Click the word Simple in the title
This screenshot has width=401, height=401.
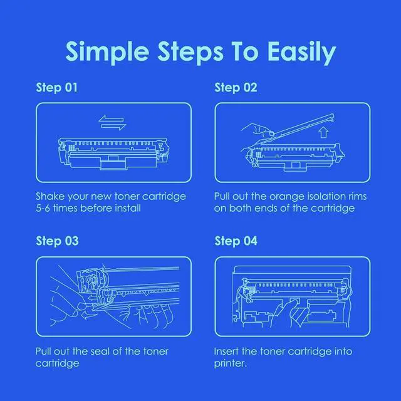click(107, 53)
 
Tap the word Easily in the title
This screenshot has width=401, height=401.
click(302, 53)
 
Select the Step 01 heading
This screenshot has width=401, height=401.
click(56, 88)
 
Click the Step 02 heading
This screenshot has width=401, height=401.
click(236, 88)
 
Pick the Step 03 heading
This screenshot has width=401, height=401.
click(57, 241)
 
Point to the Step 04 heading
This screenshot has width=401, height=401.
click(236, 241)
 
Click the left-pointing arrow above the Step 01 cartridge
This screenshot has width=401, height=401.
click(111, 119)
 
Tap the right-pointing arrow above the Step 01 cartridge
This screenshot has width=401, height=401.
click(113, 127)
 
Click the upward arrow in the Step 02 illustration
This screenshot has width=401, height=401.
click(323, 133)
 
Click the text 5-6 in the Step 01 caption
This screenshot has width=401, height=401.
click(43, 208)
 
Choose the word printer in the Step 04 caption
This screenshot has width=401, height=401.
click(229, 363)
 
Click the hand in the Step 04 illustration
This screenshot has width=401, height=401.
click(289, 314)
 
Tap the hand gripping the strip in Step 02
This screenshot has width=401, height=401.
click(257, 130)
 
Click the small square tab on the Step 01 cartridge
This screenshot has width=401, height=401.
click(112, 159)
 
